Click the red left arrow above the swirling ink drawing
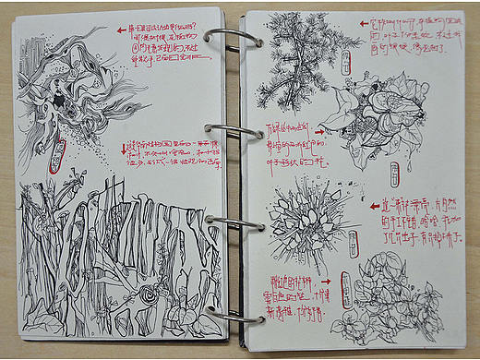coord(122,30)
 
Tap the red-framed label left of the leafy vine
coord(344,286)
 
